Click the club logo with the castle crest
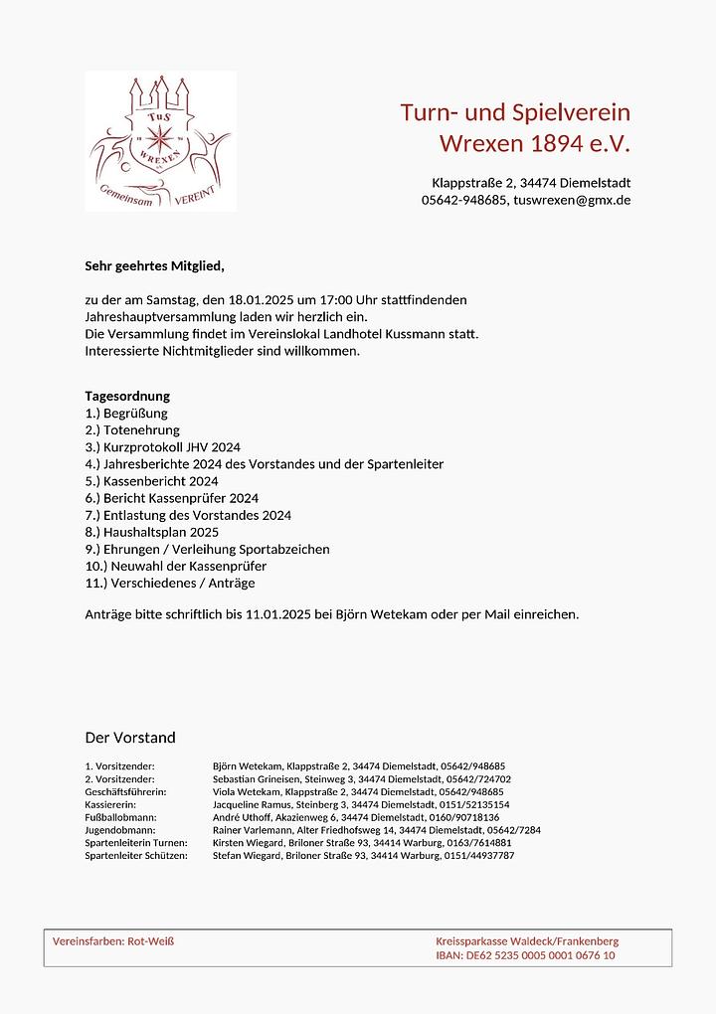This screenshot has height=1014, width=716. [161, 141]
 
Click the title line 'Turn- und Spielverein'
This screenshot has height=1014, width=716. [515, 112]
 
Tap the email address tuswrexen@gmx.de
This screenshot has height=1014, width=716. [571, 200]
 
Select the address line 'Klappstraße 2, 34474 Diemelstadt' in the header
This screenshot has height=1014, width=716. [530, 183]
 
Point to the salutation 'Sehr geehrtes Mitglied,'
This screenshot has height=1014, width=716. [155, 266]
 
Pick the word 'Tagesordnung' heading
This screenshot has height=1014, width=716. [127, 396]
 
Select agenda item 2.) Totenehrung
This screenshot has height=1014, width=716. [132, 430]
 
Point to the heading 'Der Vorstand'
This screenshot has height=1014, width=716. [130, 738]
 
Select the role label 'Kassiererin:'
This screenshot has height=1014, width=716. [110, 804]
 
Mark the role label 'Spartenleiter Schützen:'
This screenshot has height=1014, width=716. [136, 855]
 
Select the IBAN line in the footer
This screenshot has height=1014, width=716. [525, 955]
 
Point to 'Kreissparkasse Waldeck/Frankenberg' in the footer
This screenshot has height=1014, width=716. [527, 940]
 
